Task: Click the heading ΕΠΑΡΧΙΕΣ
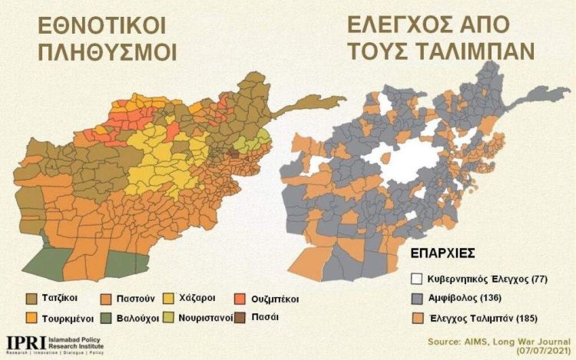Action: (435, 252)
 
